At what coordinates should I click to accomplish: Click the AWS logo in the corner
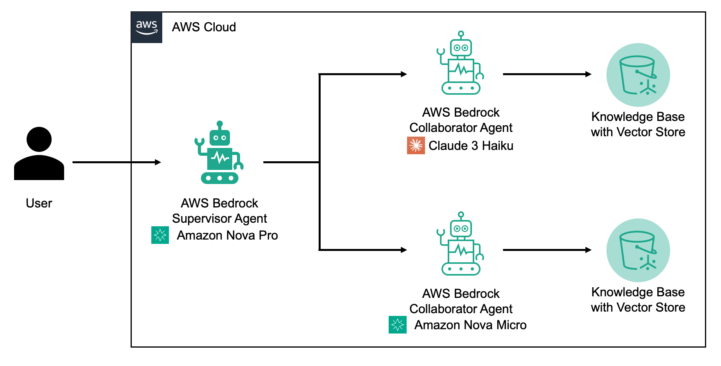pos(147,27)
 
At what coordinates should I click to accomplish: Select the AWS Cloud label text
pos(204,27)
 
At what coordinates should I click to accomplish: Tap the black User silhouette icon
pos(39,153)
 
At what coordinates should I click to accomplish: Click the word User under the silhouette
pos(39,203)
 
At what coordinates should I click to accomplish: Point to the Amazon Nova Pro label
pos(227,235)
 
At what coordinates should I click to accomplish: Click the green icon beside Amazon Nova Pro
pos(160,235)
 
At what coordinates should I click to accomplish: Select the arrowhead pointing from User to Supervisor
pos(158,162)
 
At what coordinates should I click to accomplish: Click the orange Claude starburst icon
pos(416,146)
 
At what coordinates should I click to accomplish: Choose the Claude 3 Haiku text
pos(471,146)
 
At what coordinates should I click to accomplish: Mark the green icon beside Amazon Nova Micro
pos(397,325)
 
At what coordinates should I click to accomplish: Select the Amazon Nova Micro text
pos(470,325)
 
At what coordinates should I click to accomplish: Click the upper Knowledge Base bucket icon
pos(638,75)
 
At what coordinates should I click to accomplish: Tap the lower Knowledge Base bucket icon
pos(638,250)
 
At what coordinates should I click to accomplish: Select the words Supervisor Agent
pos(219,218)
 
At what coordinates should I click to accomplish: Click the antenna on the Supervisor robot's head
pos(220,124)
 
